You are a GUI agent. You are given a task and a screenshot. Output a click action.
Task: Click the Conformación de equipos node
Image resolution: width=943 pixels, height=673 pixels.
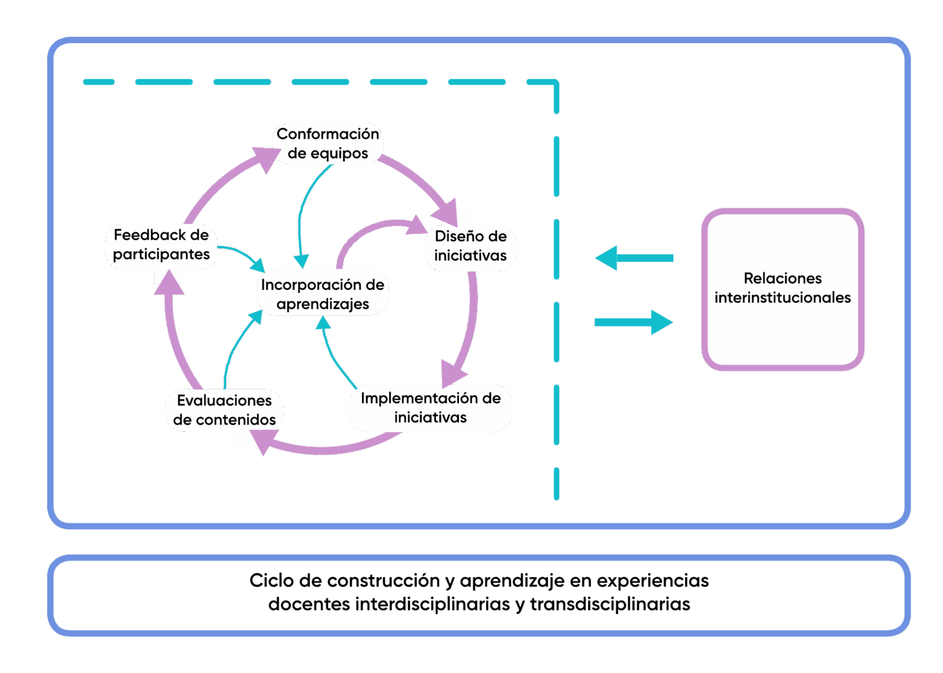(328, 143)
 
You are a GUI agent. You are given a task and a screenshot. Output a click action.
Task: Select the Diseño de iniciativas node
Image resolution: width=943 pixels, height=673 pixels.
(470, 246)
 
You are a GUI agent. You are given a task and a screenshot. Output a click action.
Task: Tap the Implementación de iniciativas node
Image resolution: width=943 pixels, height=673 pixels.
(430, 408)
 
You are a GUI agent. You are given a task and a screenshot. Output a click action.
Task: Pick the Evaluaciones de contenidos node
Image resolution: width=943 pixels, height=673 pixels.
(224, 409)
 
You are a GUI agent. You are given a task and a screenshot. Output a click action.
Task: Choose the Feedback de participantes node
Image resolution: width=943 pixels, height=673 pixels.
(161, 245)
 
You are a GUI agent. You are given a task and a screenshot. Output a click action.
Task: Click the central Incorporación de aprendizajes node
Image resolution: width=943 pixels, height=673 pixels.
(323, 294)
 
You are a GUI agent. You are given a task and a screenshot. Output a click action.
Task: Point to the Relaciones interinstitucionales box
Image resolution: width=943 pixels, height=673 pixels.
(782, 289)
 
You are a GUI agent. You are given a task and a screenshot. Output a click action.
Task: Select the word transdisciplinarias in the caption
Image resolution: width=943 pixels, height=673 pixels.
(610, 604)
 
